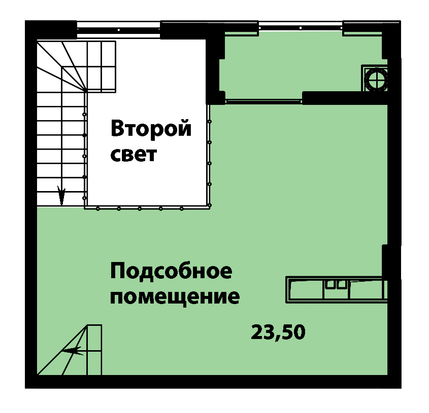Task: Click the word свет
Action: (134, 155)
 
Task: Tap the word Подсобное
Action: (171, 271)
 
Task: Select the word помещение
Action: (175, 297)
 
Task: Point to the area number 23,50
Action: (278, 332)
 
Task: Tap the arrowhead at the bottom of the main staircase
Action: (61, 195)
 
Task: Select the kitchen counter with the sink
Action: (337, 289)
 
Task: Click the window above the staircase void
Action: (118, 29)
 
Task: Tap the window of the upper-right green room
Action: (301, 27)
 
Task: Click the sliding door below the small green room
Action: (264, 101)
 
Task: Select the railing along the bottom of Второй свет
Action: (147, 208)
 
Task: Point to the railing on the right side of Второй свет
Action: (209, 156)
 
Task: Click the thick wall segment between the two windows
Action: (209, 30)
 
